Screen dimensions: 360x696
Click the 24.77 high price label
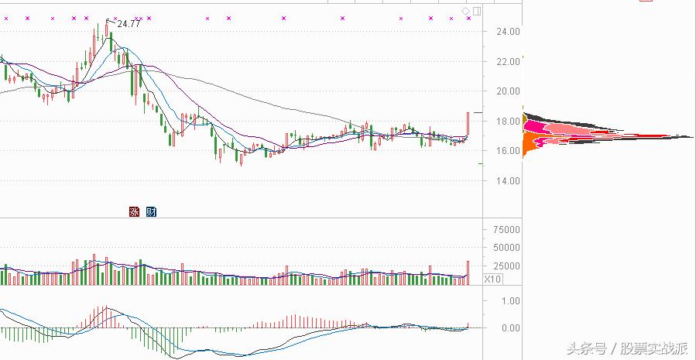tap(129, 24)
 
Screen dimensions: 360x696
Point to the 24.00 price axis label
tap(506, 32)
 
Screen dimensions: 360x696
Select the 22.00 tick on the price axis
tap(506, 61)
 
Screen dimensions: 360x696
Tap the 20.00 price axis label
tap(506, 91)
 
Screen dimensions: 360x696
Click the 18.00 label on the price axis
tap(506, 122)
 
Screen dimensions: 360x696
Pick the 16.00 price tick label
tap(506, 151)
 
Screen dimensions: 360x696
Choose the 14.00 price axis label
tap(506, 181)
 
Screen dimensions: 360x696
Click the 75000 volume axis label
tap(505, 230)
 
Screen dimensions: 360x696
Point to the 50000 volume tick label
tap(505, 248)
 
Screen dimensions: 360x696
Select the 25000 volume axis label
tap(505, 266)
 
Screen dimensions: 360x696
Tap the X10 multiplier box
tap(493, 279)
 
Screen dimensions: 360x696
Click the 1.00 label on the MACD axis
tap(510, 300)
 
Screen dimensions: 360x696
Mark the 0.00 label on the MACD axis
tap(510, 328)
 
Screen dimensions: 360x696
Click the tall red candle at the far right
tap(468, 124)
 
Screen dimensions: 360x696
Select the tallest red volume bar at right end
tap(468, 272)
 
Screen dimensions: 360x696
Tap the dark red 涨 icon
tap(134, 211)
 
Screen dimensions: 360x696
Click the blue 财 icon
tap(150, 211)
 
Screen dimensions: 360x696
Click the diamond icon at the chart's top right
tap(465, 11)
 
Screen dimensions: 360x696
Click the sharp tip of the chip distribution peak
tap(692, 137)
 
